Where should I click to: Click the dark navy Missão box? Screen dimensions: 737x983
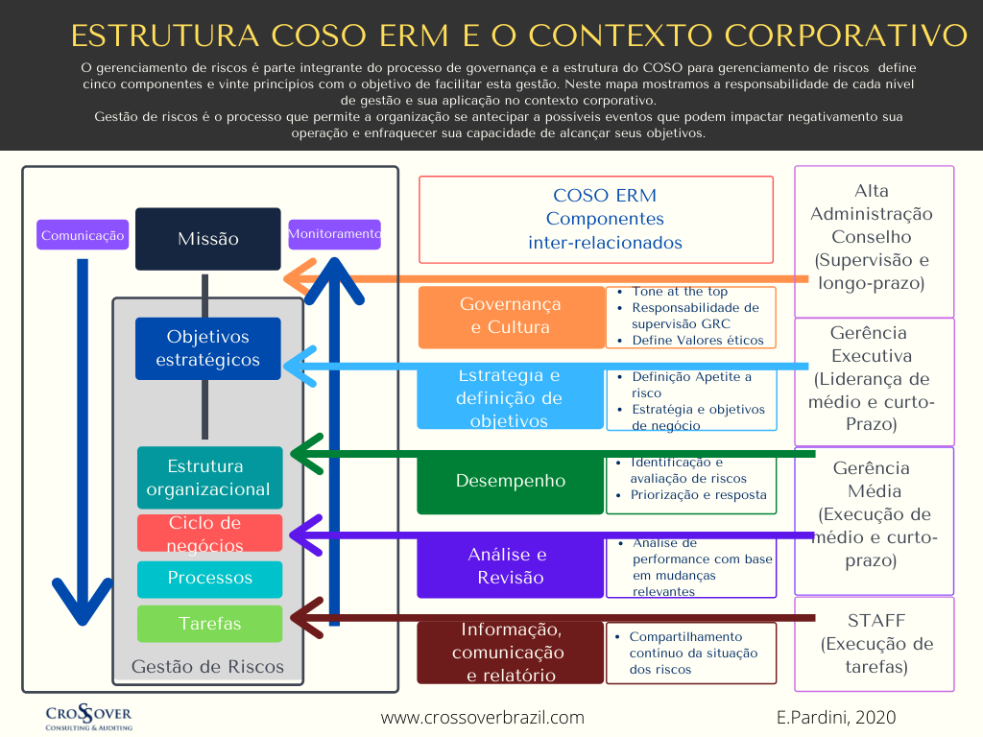[x=207, y=239]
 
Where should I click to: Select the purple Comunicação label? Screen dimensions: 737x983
[x=83, y=235]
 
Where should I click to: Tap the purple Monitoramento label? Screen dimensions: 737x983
[x=334, y=234]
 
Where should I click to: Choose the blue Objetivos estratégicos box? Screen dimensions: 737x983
[x=207, y=348]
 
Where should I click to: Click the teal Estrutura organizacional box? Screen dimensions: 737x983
[x=209, y=478]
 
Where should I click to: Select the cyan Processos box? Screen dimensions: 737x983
[x=209, y=579]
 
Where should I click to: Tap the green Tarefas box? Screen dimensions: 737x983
[x=209, y=624]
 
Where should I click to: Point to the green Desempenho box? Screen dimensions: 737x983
[x=510, y=481]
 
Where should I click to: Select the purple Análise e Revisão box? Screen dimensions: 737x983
[x=510, y=566]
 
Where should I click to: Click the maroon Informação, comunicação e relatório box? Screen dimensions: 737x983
[x=510, y=653]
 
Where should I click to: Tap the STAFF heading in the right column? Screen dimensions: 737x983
[x=875, y=620]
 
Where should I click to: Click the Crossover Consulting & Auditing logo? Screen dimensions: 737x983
[x=89, y=717]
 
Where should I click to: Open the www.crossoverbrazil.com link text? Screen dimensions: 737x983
[x=482, y=717]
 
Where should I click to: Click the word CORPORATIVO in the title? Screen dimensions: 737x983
[x=844, y=36]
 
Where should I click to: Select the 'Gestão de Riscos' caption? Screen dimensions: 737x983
[x=207, y=666]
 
